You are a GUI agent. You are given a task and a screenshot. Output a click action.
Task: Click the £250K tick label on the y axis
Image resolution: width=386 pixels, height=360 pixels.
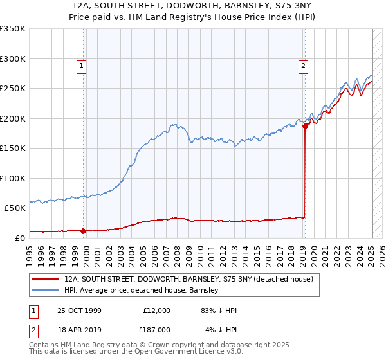(x=13, y=89)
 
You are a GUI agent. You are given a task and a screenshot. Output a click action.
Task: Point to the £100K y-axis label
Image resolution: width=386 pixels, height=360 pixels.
(x=13, y=178)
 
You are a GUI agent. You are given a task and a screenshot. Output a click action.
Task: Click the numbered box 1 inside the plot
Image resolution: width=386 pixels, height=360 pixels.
(x=82, y=65)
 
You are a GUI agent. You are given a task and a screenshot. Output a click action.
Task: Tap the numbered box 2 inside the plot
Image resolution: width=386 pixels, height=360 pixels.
(x=302, y=65)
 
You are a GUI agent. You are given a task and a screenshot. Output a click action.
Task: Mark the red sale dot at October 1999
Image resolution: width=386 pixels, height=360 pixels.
(x=84, y=231)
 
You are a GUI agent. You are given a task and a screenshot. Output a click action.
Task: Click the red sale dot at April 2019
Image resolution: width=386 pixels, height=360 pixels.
(x=305, y=126)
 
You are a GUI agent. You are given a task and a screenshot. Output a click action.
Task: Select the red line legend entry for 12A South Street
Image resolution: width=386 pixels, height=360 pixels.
(x=188, y=279)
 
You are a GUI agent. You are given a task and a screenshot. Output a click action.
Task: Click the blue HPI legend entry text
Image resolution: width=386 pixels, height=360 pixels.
(x=141, y=291)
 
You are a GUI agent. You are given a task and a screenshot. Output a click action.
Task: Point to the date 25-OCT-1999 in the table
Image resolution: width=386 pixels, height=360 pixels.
(x=79, y=310)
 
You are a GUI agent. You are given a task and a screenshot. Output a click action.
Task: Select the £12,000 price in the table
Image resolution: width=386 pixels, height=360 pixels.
(x=156, y=310)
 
